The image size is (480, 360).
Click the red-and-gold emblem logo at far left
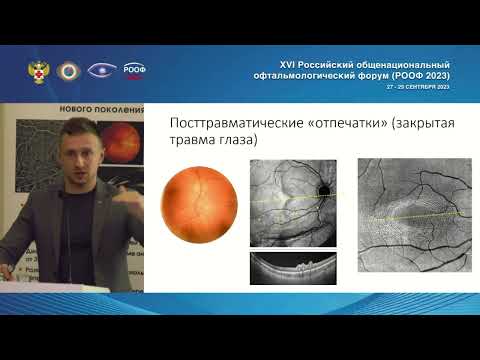[37, 70]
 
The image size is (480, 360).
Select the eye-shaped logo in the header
[101, 70]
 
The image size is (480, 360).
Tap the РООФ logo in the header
[133, 70]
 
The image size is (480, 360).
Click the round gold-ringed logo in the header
[68, 70]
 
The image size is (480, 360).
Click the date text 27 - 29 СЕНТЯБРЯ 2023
[419, 87]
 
